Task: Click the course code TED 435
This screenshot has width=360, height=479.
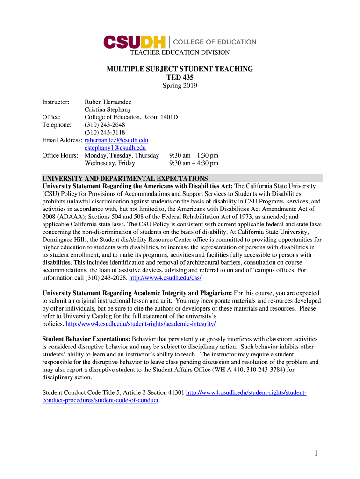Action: tap(180, 77)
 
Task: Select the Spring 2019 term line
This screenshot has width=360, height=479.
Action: tap(180, 86)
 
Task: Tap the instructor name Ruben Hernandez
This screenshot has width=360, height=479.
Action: tap(108, 102)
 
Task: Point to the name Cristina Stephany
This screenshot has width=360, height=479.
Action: tap(108, 109)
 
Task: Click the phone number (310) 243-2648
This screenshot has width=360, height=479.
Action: tap(105, 125)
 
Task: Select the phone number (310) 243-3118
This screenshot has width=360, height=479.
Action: tap(105, 132)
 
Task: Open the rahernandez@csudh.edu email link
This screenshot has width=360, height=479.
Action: tap(116, 140)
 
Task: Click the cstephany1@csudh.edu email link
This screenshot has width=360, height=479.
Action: tap(115, 148)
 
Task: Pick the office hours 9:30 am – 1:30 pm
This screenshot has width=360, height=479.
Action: tap(194, 155)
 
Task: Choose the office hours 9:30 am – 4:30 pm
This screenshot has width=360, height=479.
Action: tap(194, 163)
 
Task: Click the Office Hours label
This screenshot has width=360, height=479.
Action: tap(60, 155)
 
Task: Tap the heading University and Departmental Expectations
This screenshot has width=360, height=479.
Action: tap(125, 178)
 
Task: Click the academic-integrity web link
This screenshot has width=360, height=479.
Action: tap(141, 324)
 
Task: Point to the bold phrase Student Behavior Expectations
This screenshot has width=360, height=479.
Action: tap(86, 339)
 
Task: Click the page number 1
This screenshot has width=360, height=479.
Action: tap(316, 453)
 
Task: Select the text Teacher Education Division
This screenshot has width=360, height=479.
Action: tap(180, 52)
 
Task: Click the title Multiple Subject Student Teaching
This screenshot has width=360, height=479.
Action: tap(180, 69)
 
